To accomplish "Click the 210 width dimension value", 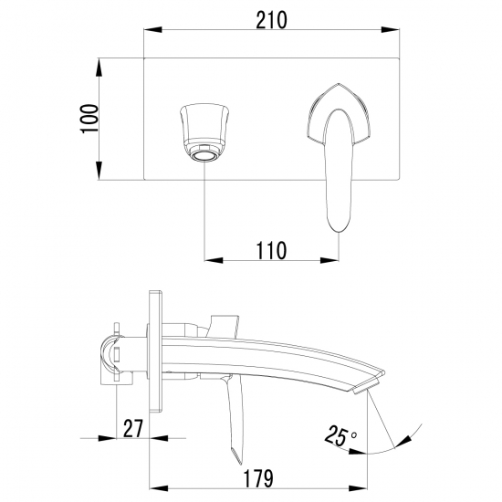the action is tap(271, 20).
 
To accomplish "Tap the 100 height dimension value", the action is tap(89, 119).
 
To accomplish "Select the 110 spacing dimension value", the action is tap(271, 250).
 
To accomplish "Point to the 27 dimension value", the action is tap(132, 428).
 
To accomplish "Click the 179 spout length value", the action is tap(258, 478).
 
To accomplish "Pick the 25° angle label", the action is tap(340, 435).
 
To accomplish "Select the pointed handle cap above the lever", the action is tap(339, 112).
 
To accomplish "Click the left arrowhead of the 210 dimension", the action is tap(152, 30).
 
